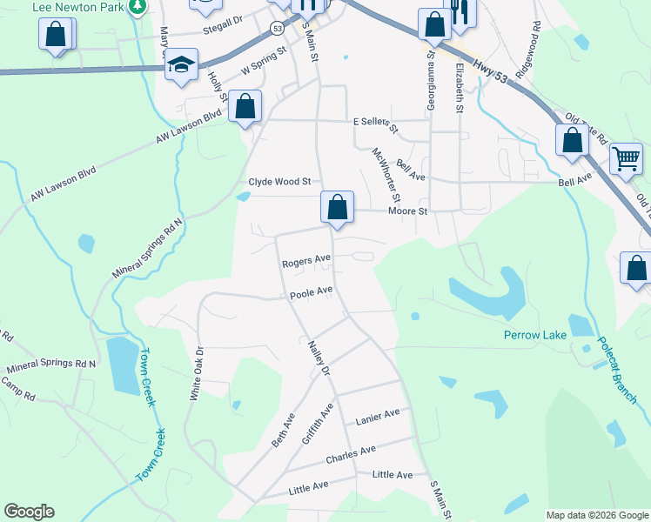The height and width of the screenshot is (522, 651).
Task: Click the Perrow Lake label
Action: point(535,335)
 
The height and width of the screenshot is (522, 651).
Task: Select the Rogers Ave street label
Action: point(305,260)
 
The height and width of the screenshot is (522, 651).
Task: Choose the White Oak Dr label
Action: point(198,373)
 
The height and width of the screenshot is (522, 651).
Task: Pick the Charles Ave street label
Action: point(350,453)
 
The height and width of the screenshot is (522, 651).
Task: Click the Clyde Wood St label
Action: point(279,182)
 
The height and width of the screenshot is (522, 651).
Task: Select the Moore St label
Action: point(408,211)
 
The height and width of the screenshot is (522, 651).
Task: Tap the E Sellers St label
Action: point(375,125)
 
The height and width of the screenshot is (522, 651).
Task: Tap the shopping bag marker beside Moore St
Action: point(338,206)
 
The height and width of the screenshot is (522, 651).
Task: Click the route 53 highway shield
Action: point(276,29)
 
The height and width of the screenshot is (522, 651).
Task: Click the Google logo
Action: point(29,512)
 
